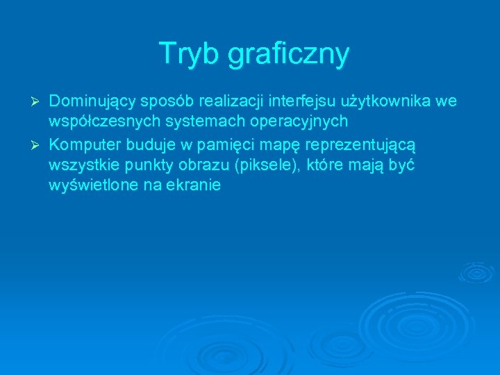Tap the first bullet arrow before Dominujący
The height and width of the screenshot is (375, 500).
point(38,102)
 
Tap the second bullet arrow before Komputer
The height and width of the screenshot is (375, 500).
point(38,144)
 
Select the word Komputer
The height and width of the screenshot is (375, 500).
point(83,144)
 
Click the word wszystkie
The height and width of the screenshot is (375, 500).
point(79,165)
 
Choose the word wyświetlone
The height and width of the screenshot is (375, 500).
point(93,185)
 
